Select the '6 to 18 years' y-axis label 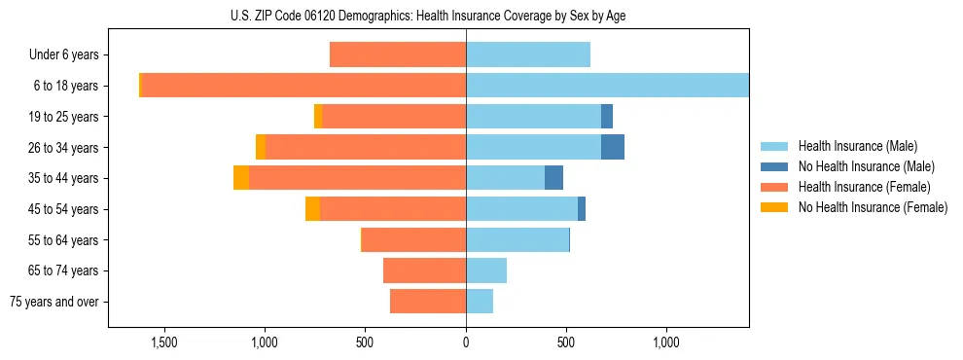click(x=65, y=86)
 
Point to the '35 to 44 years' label click(x=63, y=178)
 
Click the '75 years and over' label click(x=55, y=302)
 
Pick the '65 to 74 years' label click(x=63, y=270)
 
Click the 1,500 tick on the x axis click(x=163, y=342)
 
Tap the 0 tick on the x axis click(x=466, y=342)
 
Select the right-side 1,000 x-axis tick click(x=666, y=342)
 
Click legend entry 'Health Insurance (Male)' click(x=857, y=146)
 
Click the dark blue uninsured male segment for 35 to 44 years click(x=553, y=178)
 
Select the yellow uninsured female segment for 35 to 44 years click(x=241, y=178)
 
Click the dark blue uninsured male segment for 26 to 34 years click(x=613, y=147)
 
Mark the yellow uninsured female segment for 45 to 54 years click(x=312, y=209)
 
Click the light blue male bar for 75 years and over click(x=480, y=302)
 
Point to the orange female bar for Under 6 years click(x=398, y=54)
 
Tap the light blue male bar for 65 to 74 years click(x=486, y=270)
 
